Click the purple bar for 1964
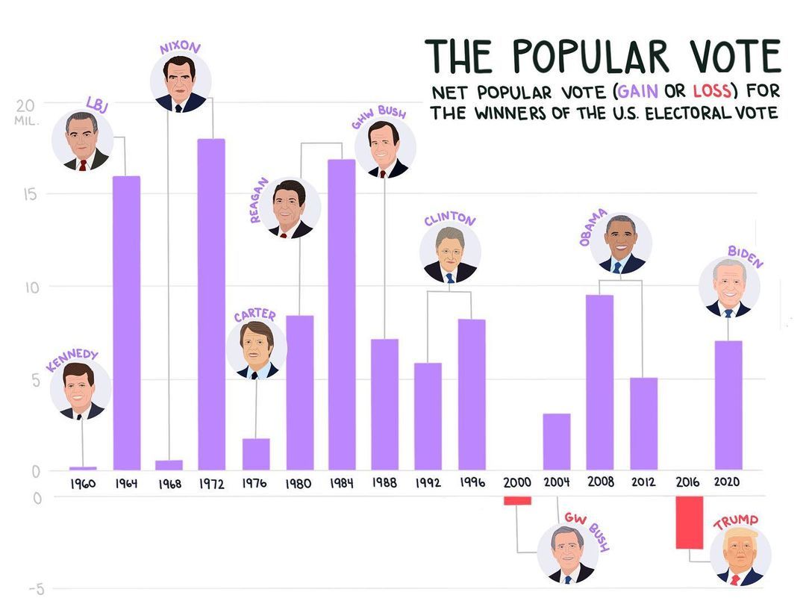coord(126,323)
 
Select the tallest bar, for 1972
coord(211,304)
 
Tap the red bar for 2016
coord(689,523)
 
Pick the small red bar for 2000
coord(516,500)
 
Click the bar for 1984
coord(342,314)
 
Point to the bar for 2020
coord(728,405)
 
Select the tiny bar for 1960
coord(83,468)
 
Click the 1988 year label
coord(384,482)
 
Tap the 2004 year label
coord(557,482)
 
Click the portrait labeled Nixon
coord(180,82)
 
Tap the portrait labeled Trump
coord(740,556)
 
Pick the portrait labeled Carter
coord(256,349)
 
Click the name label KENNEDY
coord(72,360)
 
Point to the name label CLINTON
coord(449,220)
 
